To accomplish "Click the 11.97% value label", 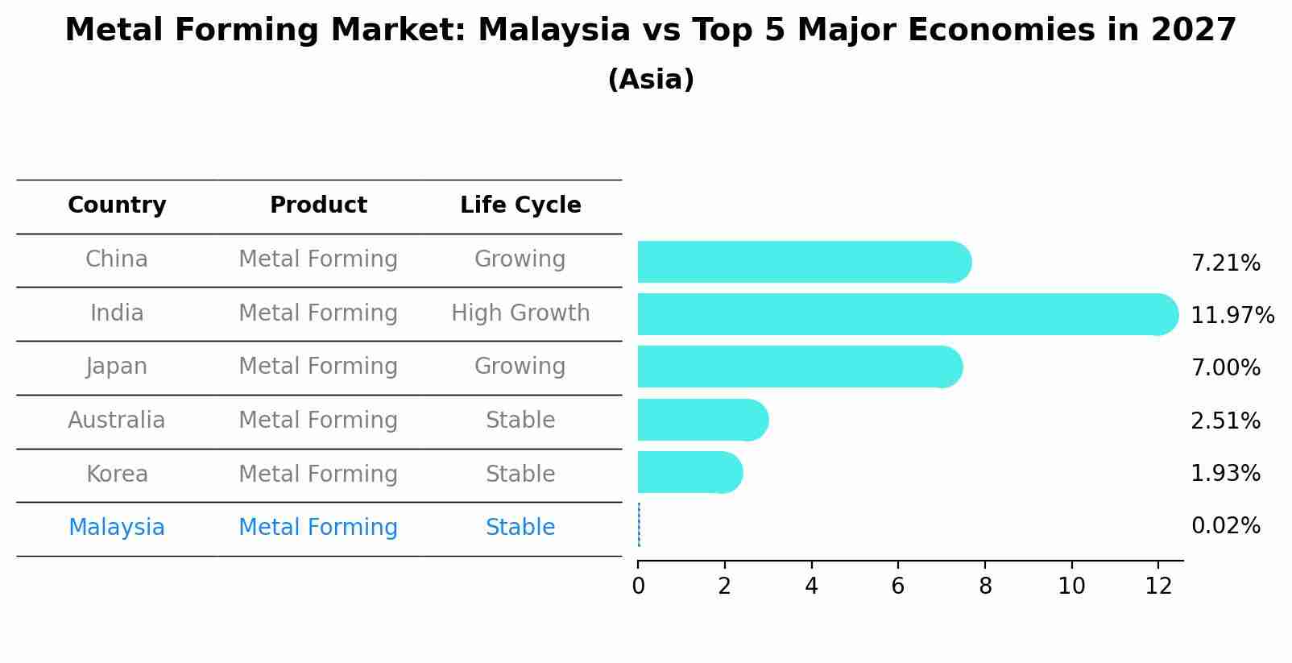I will [1232, 315].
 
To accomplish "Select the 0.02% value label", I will [1225, 526].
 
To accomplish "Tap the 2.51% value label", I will [1225, 421].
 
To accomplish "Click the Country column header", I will [117, 205].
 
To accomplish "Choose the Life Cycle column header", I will [520, 205].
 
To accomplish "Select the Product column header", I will [318, 205].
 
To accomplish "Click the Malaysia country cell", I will [117, 528].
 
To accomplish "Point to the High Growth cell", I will [520, 313].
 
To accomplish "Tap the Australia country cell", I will [117, 421].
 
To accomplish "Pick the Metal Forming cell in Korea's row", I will [318, 474].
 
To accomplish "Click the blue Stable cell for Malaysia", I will [520, 528].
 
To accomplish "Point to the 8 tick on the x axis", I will [985, 586].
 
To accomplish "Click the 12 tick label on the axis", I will [1158, 586].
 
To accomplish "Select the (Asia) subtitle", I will [651, 80].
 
